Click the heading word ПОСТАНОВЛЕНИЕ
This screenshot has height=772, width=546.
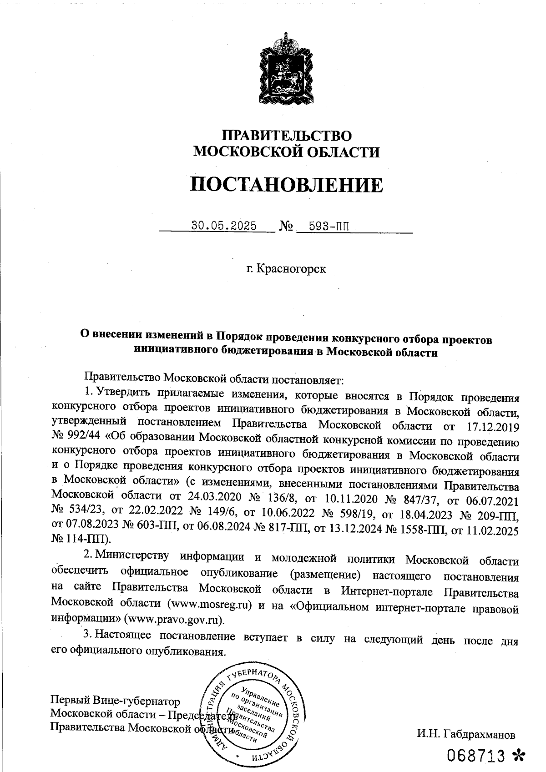pos(286,185)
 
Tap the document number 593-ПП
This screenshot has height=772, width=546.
pos(329,226)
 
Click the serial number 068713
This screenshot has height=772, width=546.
pos(476,756)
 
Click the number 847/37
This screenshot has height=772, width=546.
pos(418,499)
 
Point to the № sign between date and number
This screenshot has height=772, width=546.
pos(284,226)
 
